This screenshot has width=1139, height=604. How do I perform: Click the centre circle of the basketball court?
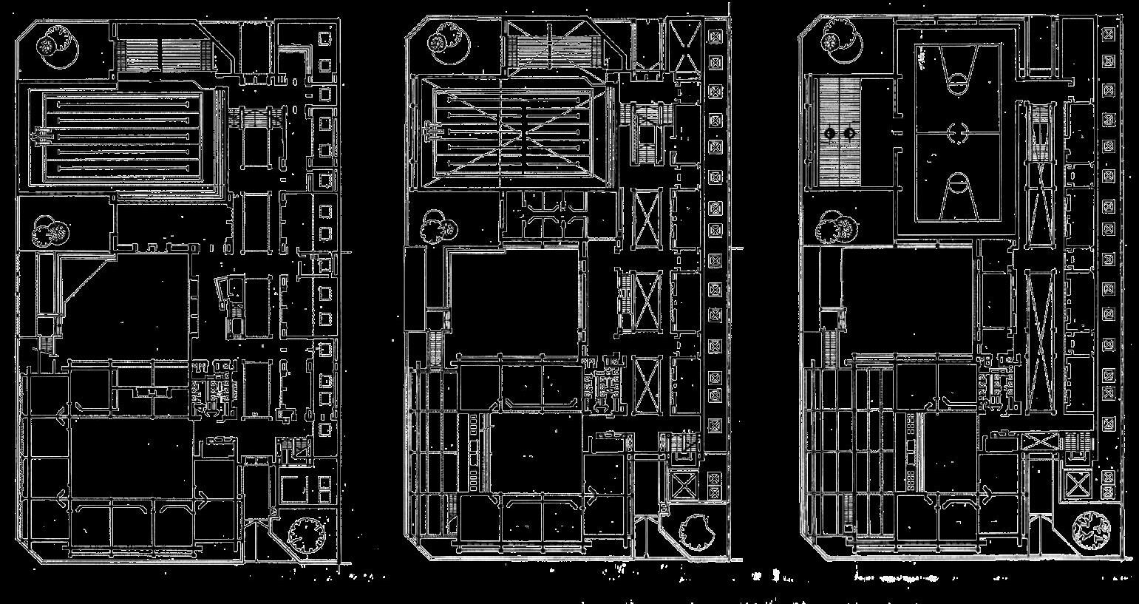coord(958,132)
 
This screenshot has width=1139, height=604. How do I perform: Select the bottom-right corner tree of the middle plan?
coord(694,531)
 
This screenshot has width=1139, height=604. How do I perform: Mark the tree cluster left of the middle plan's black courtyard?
coord(438,226)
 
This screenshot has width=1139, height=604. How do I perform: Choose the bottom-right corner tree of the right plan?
coord(1091,528)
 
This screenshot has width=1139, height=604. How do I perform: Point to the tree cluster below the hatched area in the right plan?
coord(835,227)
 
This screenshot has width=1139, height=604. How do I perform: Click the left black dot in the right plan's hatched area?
coord(829,132)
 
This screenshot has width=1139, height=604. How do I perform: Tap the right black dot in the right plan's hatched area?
coord(850,132)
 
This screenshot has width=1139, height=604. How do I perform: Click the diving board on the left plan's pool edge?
coord(43,135)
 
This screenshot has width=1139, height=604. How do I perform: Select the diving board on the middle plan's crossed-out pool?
coord(430,132)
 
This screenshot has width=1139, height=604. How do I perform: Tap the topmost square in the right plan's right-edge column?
coord(1108,33)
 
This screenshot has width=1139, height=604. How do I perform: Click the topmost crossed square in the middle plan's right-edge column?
coord(715,35)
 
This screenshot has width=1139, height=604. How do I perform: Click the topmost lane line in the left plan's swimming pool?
coord(123,102)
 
